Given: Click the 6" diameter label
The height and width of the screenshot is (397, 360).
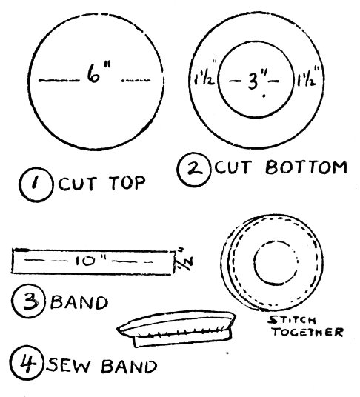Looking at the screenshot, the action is pyautogui.click(x=99, y=73).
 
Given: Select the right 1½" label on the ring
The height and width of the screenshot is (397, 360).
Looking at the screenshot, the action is pyautogui.click(x=307, y=76).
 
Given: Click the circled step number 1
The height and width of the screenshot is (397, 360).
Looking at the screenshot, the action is pyautogui.click(x=36, y=184).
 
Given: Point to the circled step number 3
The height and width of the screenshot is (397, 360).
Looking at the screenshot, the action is pyautogui.click(x=28, y=301).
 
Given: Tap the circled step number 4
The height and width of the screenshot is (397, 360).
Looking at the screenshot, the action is pyautogui.click(x=27, y=363).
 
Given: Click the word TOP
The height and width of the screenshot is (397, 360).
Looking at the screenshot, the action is pyautogui.click(x=128, y=183).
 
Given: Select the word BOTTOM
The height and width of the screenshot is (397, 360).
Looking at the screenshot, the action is pyautogui.click(x=307, y=167).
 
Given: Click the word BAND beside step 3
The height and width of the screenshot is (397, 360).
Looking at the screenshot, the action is pyautogui.click(x=79, y=302).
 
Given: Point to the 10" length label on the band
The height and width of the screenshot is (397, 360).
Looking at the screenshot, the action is pyautogui.click(x=90, y=261).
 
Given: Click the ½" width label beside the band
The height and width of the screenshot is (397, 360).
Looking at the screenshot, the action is pyautogui.click(x=184, y=260).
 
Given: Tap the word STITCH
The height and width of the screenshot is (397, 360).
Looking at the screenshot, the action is pyautogui.click(x=292, y=321).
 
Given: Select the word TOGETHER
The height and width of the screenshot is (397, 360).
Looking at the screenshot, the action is pyautogui.click(x=308, y=332).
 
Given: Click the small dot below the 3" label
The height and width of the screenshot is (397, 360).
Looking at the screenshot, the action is pyautogui.click(x=264, y=96).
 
